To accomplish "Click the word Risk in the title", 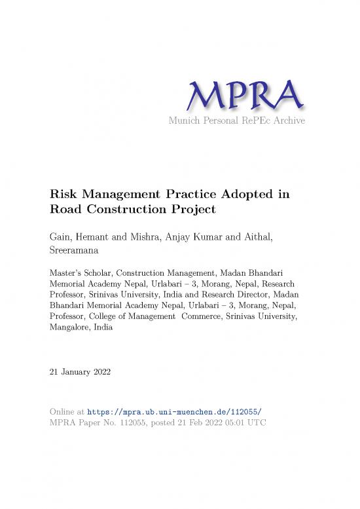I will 64,195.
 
